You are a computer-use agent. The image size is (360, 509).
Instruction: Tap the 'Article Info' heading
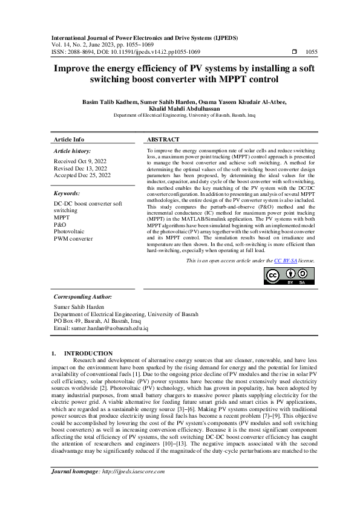tap(69, 139)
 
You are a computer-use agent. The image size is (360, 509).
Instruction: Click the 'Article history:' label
tap(72, 150)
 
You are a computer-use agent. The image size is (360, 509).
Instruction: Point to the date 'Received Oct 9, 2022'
tap(80, 161)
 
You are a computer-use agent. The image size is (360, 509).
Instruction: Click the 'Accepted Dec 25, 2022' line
tap(82, 175)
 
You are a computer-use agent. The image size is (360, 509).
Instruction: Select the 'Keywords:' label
tap(67, 193)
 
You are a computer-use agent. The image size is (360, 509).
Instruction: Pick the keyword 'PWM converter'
tap(73, 238)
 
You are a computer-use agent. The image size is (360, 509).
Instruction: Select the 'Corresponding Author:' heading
tap(82, 297)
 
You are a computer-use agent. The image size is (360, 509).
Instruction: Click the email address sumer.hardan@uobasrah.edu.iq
tap(101, 328)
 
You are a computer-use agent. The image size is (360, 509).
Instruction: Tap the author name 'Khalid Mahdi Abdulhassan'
tap(180, 108)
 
